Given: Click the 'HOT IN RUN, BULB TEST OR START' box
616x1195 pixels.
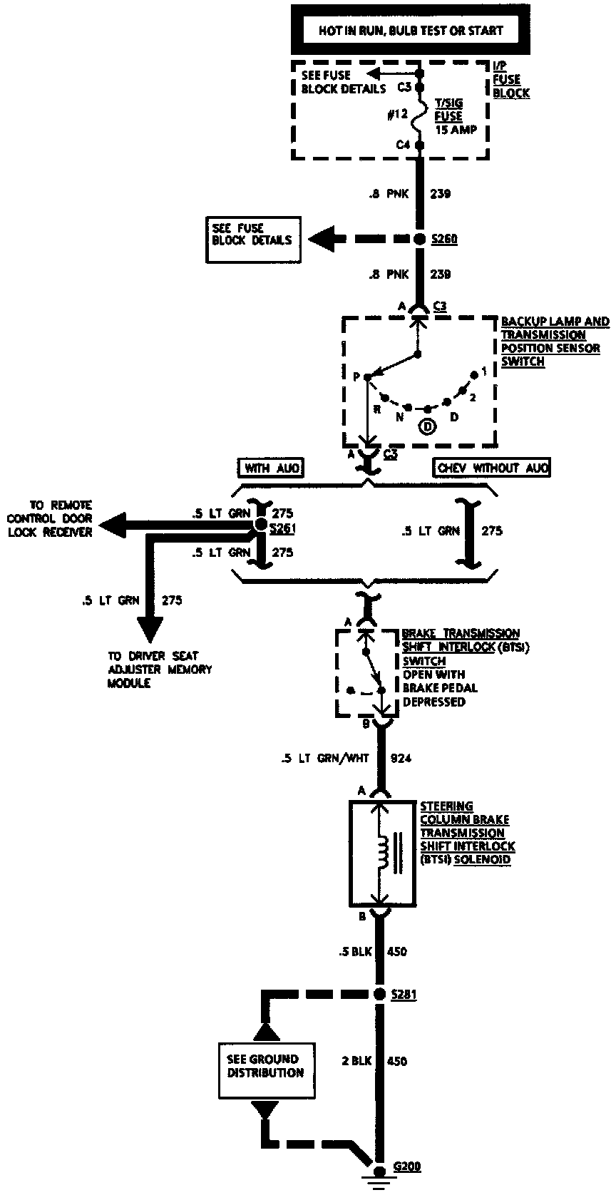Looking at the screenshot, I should [411, 30].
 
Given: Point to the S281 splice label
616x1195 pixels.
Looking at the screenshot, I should [404, 994].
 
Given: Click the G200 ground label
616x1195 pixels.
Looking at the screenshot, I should [407, 1166].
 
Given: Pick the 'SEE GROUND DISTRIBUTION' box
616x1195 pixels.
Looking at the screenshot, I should [265, 1065].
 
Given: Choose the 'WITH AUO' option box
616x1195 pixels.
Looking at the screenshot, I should [269, 468].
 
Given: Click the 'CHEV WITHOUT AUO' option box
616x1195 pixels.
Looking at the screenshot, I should [492, 468].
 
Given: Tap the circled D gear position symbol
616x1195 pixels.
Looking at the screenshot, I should [427, 426].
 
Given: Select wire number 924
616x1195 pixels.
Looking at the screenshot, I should [401, 758].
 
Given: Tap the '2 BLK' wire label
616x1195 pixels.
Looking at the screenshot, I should [356, 1061].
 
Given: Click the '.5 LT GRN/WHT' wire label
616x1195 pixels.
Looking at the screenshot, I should [324, 758].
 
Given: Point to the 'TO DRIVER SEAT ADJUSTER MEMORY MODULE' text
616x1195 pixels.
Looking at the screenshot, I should [160, 669].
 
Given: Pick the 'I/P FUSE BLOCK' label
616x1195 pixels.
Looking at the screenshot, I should [510, 79].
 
